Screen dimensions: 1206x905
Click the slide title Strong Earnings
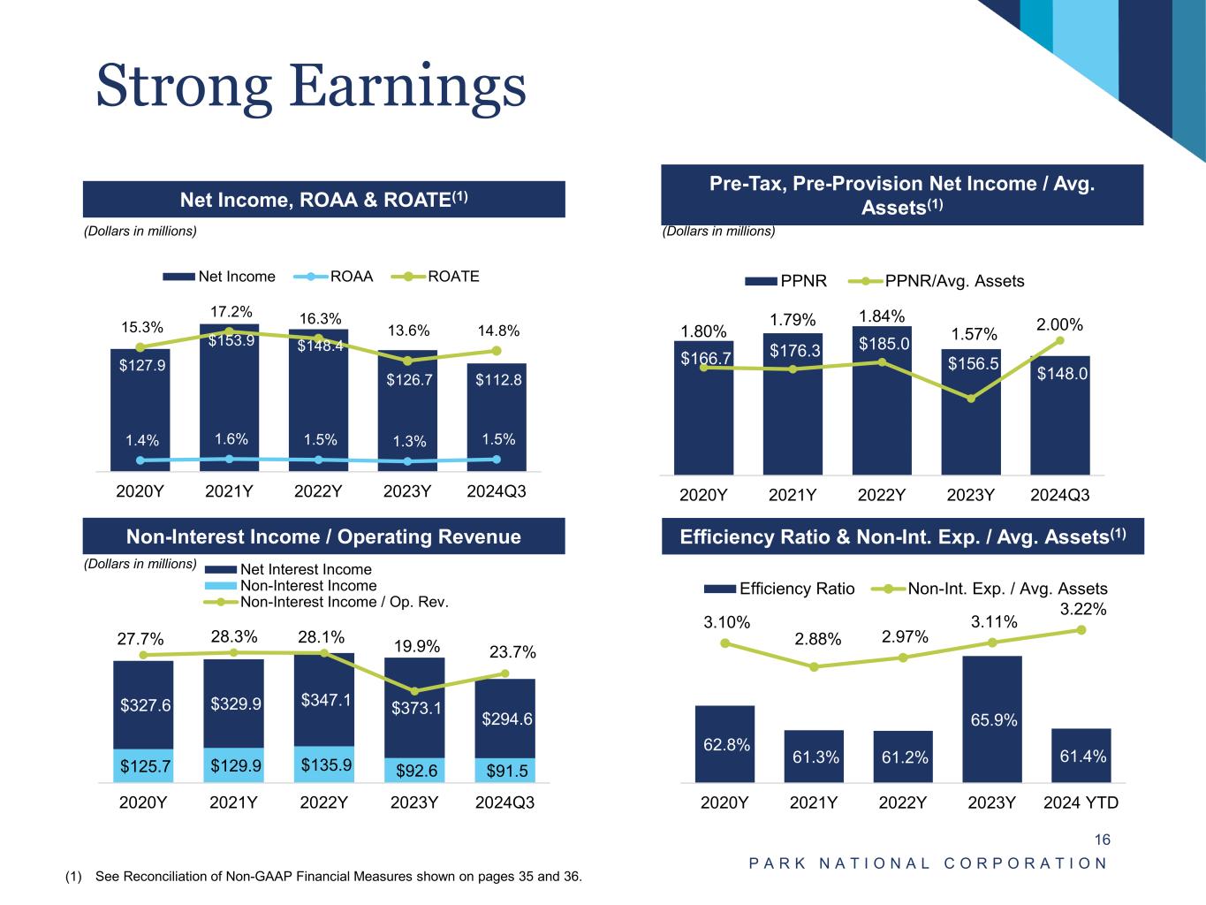(311, 87)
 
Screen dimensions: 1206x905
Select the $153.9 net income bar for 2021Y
(229, 398)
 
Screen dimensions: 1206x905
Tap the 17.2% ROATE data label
(231, 312)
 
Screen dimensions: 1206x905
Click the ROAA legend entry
(333, 276)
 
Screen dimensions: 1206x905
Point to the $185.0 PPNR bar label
(884, 344)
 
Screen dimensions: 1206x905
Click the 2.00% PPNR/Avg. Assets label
(1059, 324)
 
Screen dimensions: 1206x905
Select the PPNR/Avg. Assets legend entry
(937, 281)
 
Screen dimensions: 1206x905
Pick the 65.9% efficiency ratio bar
(992, 719)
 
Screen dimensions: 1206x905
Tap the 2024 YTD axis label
(1081, 802)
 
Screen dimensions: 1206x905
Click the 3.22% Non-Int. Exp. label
(1083, 609)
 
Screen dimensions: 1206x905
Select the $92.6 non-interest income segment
(415, 770)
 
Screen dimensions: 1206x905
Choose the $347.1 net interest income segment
(324, 699)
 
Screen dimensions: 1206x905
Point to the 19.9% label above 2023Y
(416, 646)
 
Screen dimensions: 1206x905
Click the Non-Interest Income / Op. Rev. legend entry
(326, 602)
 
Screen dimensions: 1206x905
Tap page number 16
(1102, 840)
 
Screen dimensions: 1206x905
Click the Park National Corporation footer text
(928, 863)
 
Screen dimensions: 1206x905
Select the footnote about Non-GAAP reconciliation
(323, 876)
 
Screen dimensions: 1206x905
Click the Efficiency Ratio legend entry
(779, 589)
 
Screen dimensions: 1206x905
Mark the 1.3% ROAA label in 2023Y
(409, 441)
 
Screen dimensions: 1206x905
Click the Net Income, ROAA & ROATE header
(324, 200)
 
